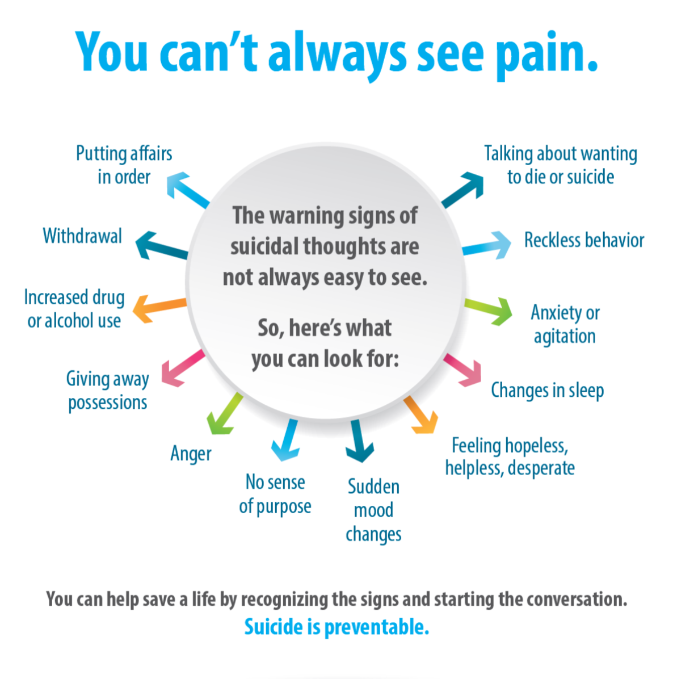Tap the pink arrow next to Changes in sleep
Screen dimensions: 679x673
pyautogui.click(x=463, y=370)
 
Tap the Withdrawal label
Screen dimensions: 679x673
pyautogui.click(x=82, y=236)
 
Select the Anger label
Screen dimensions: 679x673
pyautogui.click(x=191, y=454)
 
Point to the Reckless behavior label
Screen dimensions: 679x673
pyautogui.click(x=584, y=240)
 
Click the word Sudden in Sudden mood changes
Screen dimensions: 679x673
pyautogui.click(x=373, y=487)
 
